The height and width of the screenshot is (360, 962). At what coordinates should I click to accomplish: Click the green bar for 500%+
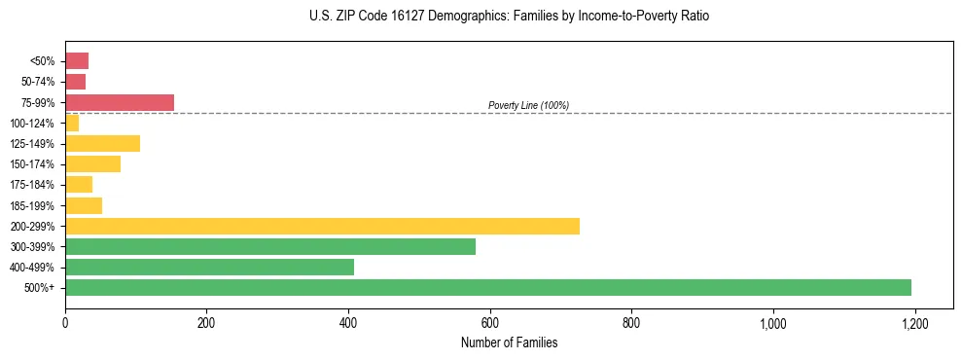487,287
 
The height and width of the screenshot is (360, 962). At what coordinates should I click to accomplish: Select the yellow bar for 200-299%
322,226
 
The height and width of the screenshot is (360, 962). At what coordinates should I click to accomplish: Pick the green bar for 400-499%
209,267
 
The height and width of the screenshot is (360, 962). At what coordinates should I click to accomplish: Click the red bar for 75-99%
120,102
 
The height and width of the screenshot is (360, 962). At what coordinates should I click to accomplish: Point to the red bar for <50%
77,61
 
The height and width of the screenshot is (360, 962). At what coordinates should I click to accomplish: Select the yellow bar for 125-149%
102,144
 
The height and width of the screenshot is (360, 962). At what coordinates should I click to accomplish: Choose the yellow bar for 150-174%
92,164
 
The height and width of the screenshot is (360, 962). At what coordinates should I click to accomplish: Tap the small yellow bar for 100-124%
72,124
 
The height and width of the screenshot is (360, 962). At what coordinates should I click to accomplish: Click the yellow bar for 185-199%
84,205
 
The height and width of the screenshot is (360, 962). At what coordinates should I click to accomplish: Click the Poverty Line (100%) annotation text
528,105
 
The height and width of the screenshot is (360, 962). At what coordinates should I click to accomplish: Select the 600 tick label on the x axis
489,322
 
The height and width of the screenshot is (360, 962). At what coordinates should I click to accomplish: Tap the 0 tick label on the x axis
65,322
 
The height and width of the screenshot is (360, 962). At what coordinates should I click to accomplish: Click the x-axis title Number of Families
509,342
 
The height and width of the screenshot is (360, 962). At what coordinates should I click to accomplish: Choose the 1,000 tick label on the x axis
772,322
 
